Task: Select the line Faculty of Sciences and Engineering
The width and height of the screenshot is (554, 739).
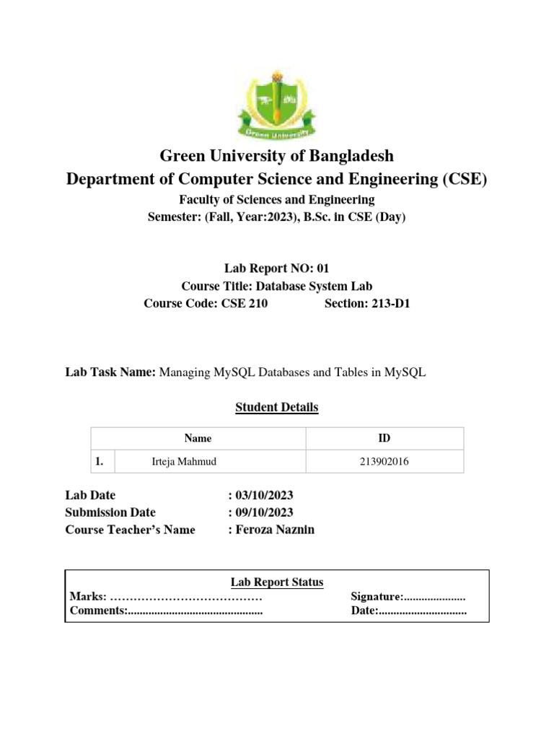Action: pos(277,199)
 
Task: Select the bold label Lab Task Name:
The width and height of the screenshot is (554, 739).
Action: pos(110,372)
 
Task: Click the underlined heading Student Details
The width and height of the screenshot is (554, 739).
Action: pos(277,408)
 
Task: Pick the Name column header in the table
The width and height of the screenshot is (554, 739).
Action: pos(198,438)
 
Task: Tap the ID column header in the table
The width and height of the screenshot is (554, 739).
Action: pos(384,438)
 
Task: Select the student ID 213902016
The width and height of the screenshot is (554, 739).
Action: pos(384,462)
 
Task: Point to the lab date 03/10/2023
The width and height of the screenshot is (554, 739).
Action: pos(264,496)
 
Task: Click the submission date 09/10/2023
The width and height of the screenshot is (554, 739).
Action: pos(264,512)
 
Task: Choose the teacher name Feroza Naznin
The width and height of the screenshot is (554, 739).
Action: pos(274,530)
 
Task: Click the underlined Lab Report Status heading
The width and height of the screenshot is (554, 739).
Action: pos(277,582)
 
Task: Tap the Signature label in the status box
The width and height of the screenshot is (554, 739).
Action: pos(376,597)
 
